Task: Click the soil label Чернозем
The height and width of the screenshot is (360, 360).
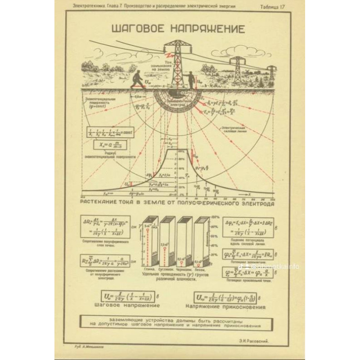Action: (183, 269)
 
